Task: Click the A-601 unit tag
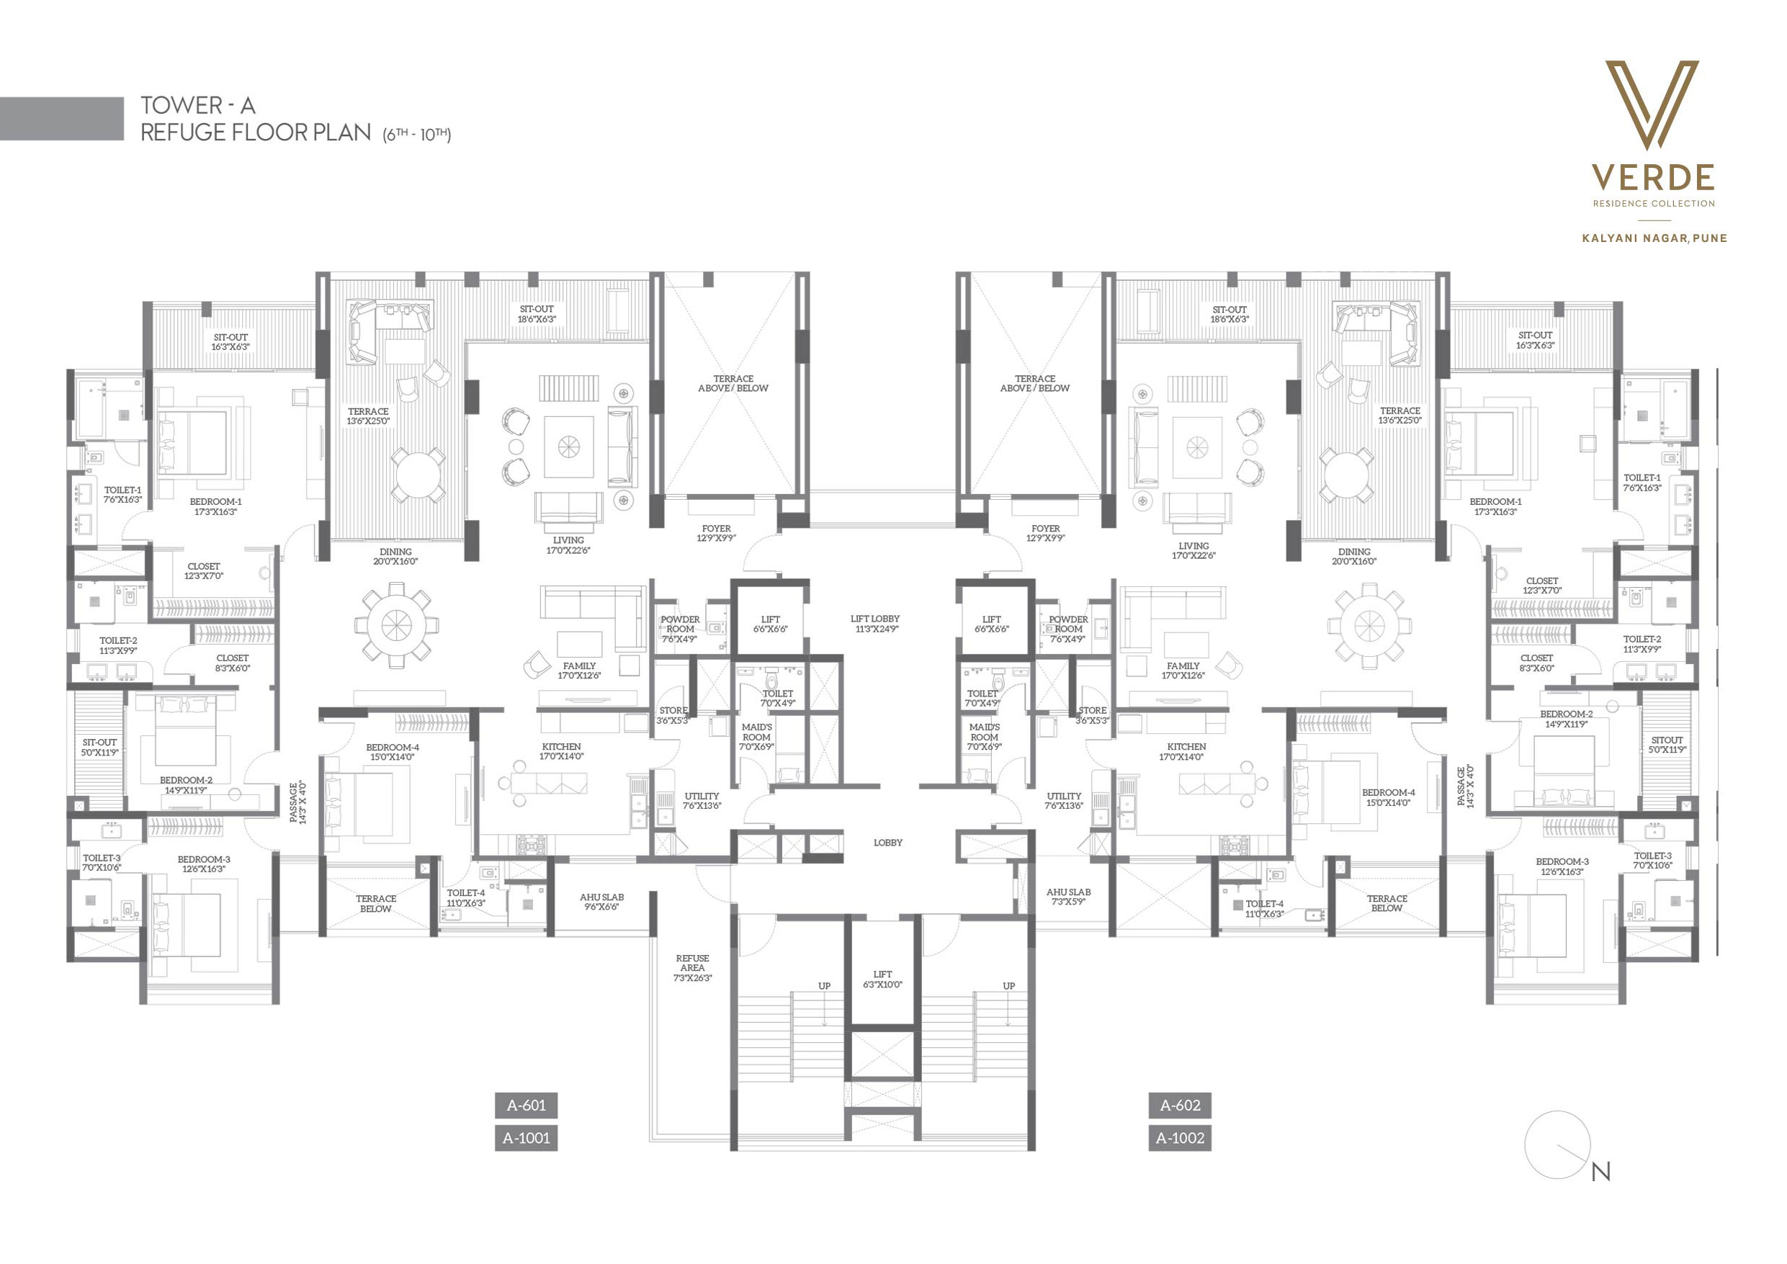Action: click(526, 1106)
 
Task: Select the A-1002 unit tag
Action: click(1180, 1138)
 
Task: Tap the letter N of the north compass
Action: click(1601, 1171)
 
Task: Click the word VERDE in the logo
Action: click(1653, 177)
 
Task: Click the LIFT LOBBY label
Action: click(875, 624)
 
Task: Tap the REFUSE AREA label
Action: click(693, 967)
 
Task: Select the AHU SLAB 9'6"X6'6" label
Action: click(601, 901)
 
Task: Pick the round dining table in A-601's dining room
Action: click(396, 625)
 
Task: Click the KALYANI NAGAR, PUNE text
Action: click(1654, 238)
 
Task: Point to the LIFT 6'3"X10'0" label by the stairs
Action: click(882, 979)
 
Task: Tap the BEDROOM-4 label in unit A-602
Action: click(1389, 798)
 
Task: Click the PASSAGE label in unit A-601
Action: click(298, 802)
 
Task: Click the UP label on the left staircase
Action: click(824, 986)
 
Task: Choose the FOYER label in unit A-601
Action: click(716, 532)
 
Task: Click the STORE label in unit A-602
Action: click(1092, 715)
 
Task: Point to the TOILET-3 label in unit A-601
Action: click(102, 862)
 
